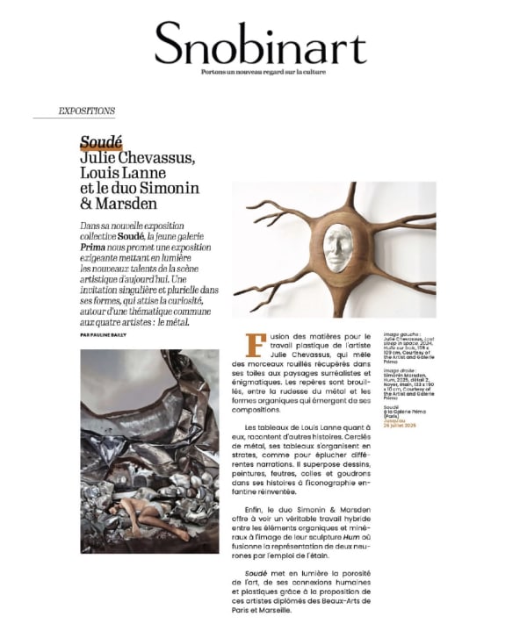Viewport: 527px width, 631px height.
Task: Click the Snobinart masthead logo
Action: [x=263, y=43]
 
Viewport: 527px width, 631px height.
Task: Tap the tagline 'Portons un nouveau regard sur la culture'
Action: [x=263, y=71]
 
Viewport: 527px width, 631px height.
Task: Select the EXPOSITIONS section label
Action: [x=86, y=112]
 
